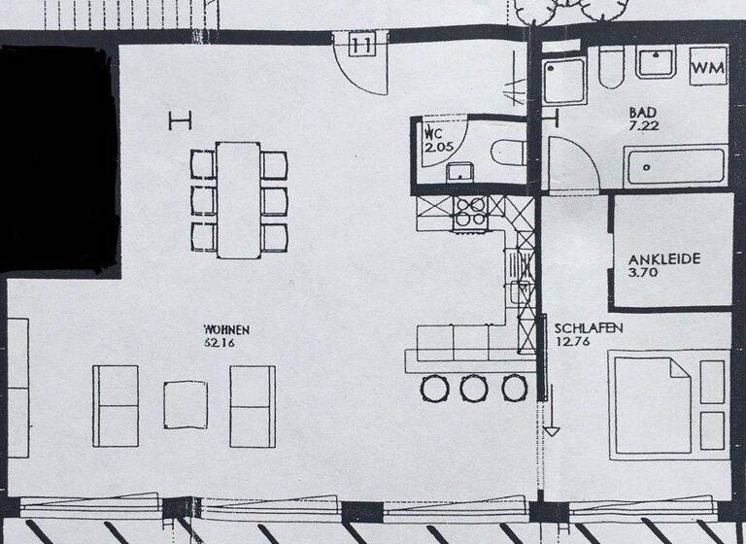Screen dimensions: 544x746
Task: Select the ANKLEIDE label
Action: [664, 259]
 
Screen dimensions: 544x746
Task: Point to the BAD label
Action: [644, 113]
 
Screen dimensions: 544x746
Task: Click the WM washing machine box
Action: [708, 68]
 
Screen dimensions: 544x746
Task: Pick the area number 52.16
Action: [219, 342]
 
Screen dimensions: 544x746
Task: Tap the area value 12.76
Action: [573, 341]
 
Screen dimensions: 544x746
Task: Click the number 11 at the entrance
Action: [361, 44]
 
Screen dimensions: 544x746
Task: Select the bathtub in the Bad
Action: [675, 166]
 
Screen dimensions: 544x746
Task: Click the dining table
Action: [239, 199]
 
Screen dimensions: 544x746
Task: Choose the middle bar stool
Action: [473, 389]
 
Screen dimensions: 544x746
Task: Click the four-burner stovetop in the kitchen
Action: [469, 212]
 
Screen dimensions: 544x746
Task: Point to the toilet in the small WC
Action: [507, 153]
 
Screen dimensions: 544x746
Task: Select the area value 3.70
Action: [645, 274]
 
